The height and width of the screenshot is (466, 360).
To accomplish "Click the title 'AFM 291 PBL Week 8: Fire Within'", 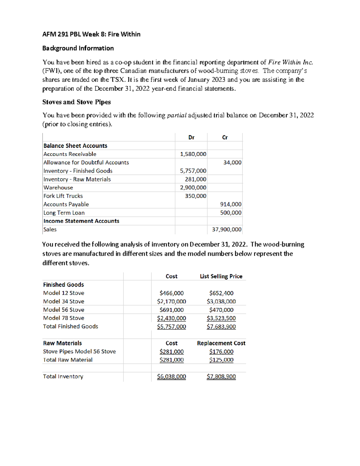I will pyautogui.click(x=91, y=34).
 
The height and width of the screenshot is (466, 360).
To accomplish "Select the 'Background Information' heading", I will pyautogui.click(x=78, y=48).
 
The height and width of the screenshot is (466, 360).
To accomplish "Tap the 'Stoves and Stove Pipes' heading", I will pyautogui.click(x=76, y=102).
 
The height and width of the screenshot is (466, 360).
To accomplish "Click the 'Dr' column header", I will pyautogui.click(x=191, y=137).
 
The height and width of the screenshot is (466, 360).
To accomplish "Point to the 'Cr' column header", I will pyautogui.click(x=225, y=137).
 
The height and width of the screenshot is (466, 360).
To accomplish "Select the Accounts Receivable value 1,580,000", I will pyautogui.click(x=193, y=154).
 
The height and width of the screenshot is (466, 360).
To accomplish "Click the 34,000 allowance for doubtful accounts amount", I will pyautogui.click(x=232, y=163).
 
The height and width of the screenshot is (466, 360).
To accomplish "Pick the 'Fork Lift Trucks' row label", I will pyautogui.click(x=63, y=196).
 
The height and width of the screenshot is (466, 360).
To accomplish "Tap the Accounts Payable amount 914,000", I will pyautogui.click(x=231, y=204).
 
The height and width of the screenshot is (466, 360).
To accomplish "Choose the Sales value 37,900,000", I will pyautogui.click(x=226, y=230).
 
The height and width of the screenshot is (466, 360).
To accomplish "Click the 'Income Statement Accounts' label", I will pyautogui.click(x=81, y=221).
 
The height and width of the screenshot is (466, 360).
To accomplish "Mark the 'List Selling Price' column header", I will pyautogui.click(x=221, y=276).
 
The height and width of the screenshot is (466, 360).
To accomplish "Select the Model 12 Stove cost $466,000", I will pyautogui.click(x=172, y=293).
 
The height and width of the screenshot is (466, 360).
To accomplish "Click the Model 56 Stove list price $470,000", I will pyautogui.click(x=221, y=310).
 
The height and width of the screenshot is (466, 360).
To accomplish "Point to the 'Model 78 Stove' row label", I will pyautogui.click(x=64, y=318).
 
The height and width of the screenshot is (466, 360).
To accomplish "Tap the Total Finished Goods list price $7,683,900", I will pyautogui.click(x=221, y=326).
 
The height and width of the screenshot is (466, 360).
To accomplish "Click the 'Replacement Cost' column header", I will pyautogui.click(x=221, y=343).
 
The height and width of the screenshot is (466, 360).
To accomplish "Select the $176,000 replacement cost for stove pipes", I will pyautogui.click(x=221, y=352).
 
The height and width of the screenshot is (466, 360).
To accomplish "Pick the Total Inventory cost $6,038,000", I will pyautogui.click(x=172, y=377).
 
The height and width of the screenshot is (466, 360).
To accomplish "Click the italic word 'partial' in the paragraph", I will pyautogui.click(x=177, y=116).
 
